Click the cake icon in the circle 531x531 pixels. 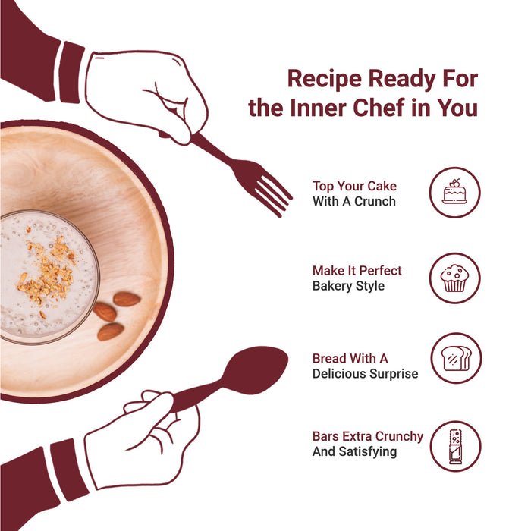[454, 191]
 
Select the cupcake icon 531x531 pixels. [454, 278]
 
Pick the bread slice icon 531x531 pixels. [456, 358]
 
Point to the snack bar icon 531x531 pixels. [455, 446]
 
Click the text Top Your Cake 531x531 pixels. [354, 187]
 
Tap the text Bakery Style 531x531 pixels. [348, 286]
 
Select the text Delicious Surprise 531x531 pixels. [365, 373]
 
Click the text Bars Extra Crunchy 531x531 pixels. [368, 436]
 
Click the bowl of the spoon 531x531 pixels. [255, 370]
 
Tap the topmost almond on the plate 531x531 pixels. [127, 299]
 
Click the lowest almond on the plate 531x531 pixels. [111, 331]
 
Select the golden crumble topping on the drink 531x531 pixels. [47, 270]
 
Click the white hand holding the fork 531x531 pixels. [146, 95]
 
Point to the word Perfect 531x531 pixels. [380, 271]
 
